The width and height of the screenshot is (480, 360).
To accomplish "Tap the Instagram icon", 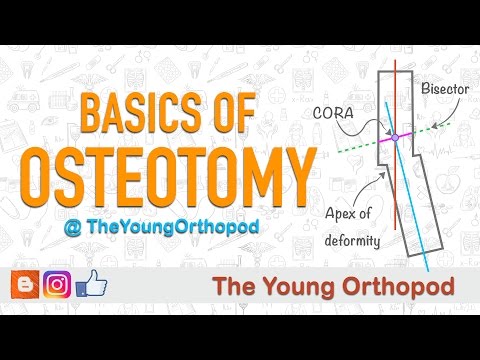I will tap(57, 285).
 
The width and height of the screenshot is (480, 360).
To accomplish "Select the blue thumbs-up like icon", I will tap(91, 284).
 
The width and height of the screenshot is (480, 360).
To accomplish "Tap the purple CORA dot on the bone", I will tap(395, 137).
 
